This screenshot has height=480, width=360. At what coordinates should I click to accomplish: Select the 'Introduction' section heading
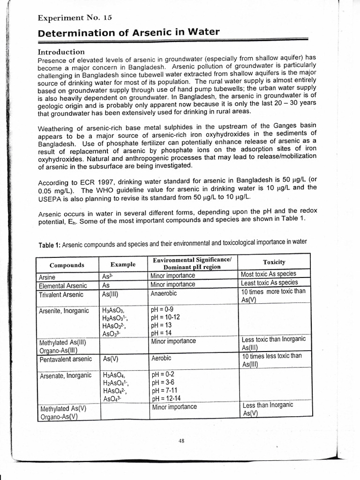click(x=61, y=52)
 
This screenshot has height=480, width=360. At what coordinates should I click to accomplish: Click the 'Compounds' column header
click(x=67, y=265)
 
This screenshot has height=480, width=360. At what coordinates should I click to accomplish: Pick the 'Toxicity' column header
click(x=274, y=262)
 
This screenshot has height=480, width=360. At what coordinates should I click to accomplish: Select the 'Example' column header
click(x=123, y=265)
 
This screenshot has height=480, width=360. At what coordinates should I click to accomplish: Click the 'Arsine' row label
click(x=47, y=277)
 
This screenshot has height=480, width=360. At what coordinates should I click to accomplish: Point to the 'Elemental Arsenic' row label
click(x=61, y=285)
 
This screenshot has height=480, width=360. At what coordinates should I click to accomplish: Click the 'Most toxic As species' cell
click(x=268, y=274)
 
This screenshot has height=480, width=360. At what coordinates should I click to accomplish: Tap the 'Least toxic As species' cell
click(x=269, y=283)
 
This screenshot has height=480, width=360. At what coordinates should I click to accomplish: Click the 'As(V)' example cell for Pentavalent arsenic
click(x=111, y=359)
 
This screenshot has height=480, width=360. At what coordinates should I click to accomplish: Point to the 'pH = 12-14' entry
click(x=166, y=398)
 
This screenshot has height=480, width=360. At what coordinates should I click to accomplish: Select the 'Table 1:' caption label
click(x=48, y=245)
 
